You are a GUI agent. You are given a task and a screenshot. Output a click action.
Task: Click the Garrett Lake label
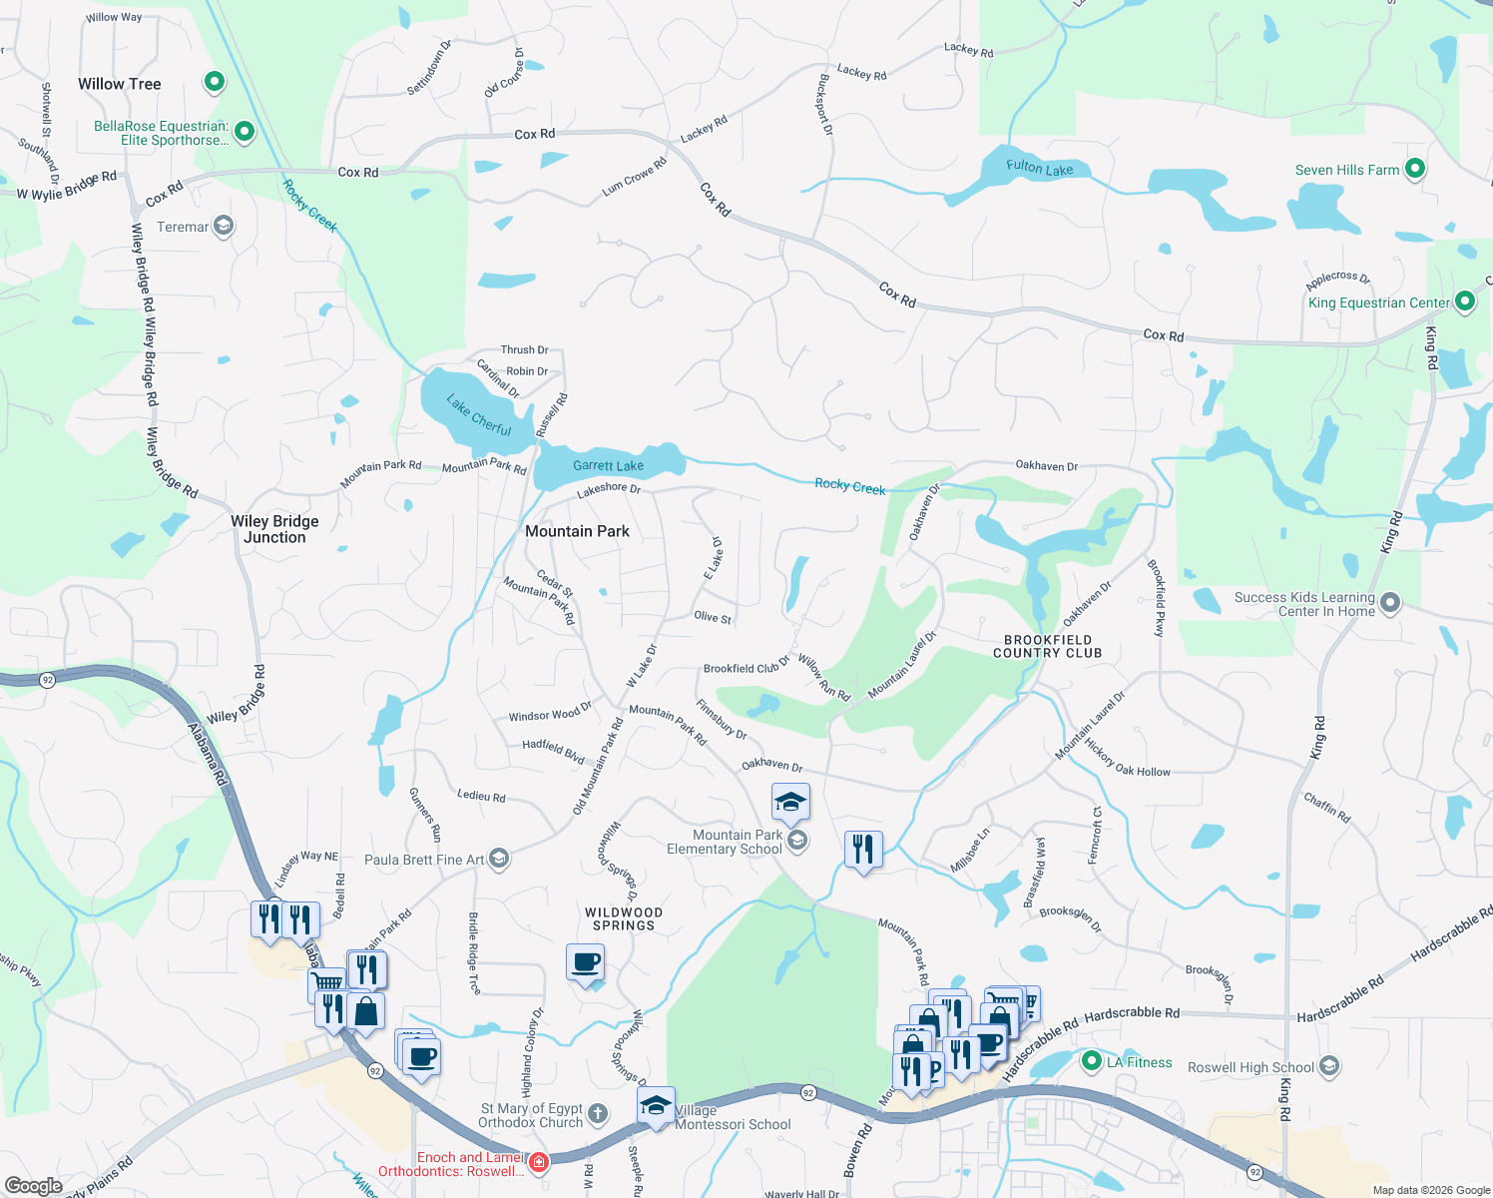point(608,466)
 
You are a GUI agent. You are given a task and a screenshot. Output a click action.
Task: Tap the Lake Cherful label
point(479,416)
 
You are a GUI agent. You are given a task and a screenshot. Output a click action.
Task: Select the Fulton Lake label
point(1040,168)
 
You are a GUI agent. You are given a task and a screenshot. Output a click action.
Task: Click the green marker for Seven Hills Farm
point(1414,170)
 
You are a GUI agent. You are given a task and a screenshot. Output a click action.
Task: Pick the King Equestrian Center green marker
point(1464,301)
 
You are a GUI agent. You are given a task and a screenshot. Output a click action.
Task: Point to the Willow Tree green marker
point(214,82)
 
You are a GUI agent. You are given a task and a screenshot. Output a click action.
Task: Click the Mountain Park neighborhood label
point(577,531)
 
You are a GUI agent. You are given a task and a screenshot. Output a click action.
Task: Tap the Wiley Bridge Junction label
point(274,529)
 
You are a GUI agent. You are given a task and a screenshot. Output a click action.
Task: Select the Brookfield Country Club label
point(1047,646)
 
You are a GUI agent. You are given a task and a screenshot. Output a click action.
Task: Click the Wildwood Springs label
point(624,918)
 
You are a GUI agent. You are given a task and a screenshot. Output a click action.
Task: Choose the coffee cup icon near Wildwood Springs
point(585,963)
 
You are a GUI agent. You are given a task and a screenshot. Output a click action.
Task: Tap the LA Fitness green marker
point(1091,1061)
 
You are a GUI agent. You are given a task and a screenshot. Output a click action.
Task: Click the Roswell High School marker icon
point(1328,1066)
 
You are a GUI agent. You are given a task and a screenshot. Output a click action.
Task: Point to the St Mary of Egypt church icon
point(597,1113)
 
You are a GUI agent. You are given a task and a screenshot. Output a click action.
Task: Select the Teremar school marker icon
point(224,227)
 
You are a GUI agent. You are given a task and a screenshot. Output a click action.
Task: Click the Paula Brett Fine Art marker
point(499,859)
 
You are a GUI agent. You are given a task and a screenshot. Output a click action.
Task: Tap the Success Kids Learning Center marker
point(1389,602)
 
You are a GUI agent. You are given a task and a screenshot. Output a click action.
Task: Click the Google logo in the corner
point(33,1186)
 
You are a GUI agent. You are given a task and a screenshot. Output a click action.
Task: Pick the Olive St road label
point(713,617)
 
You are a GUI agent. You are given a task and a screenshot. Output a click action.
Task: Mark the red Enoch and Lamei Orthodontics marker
point(538,1163)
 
